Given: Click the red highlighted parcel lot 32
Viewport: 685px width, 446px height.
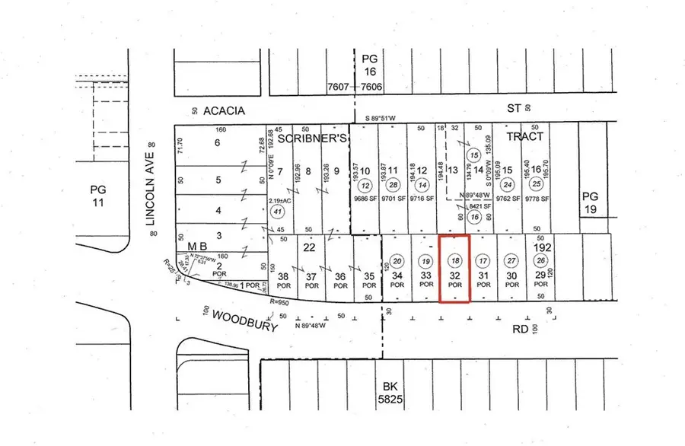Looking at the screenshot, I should click(x=454, y=268).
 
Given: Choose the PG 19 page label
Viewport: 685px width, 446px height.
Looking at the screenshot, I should click(x=592, y=202).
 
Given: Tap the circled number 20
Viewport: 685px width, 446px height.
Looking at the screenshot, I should click(x=396, y=260).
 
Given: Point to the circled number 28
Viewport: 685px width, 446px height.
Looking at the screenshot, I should click(x=393, y=185).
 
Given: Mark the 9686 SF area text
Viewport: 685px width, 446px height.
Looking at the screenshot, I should click(x=365, y=202).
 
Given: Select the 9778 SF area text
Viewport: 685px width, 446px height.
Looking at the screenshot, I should click(x=537, y=201).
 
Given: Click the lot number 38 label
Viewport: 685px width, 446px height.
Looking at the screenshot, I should click(x=283, y=276).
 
